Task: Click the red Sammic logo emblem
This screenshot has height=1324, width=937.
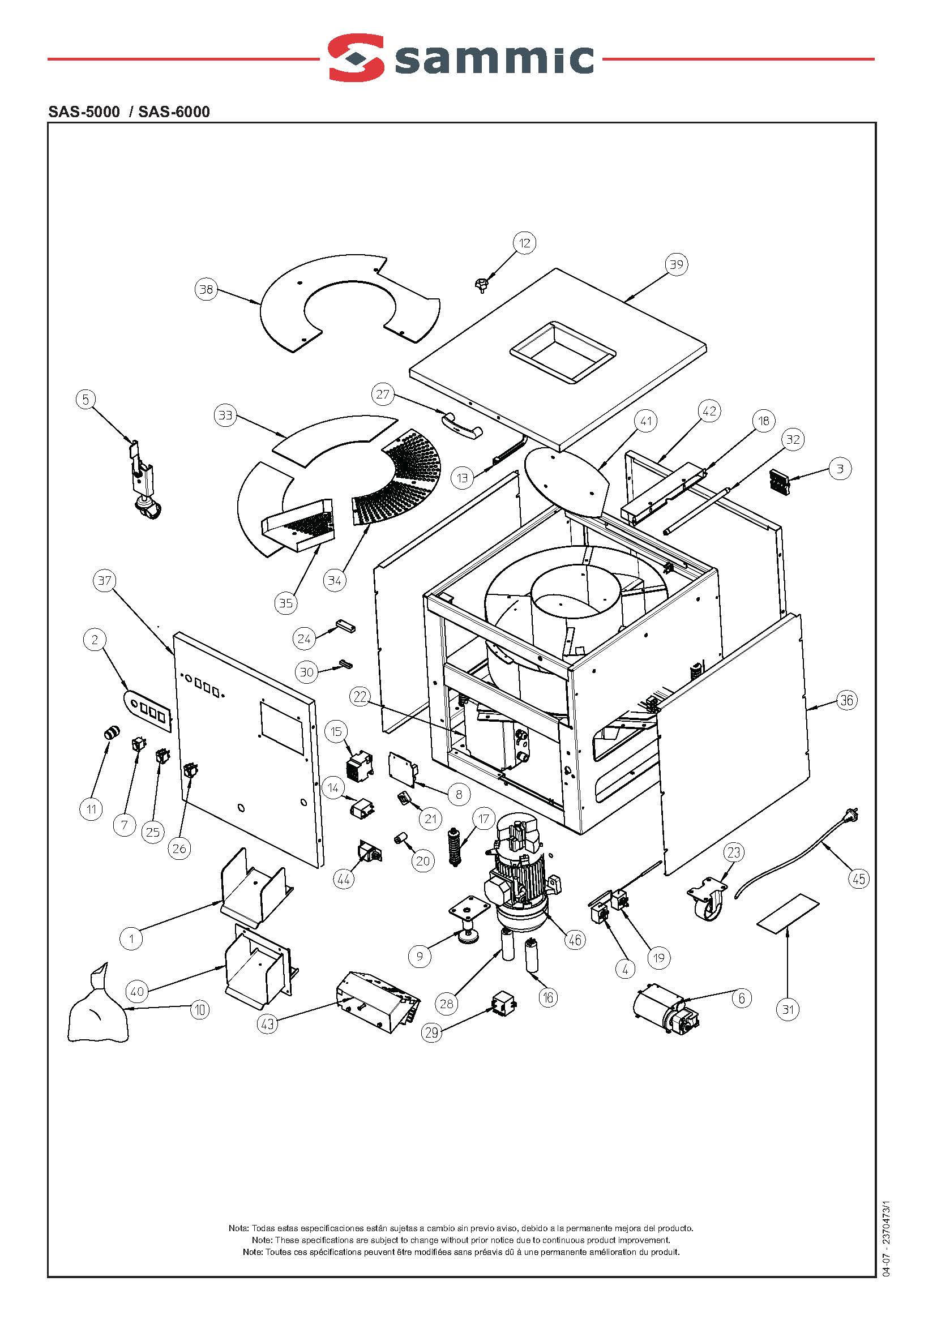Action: click(356, 57)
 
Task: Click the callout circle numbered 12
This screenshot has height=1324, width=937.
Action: click(524, 243)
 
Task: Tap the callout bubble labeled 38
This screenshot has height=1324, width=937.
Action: click(206, 289)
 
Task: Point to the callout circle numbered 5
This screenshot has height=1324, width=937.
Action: click(85, 399)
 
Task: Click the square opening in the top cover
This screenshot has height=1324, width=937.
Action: click(563, 352)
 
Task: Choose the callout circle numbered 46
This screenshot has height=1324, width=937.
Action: click(575, 940)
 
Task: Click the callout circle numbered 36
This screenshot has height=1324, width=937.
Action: click(846, 700)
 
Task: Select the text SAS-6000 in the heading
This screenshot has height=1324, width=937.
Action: click(174, 112)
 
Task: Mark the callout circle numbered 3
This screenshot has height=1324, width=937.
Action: click(840, 469)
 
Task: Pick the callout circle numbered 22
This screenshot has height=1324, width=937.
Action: click(360, 697)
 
